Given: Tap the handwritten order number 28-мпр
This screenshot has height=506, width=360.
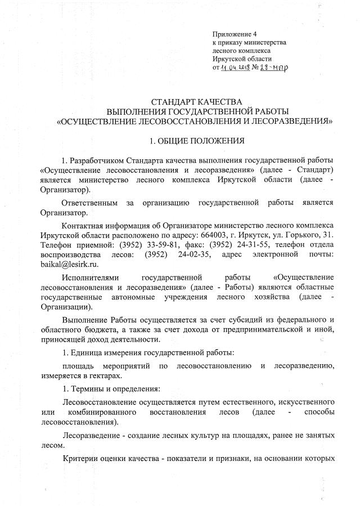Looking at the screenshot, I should click(x=276, y=68).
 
